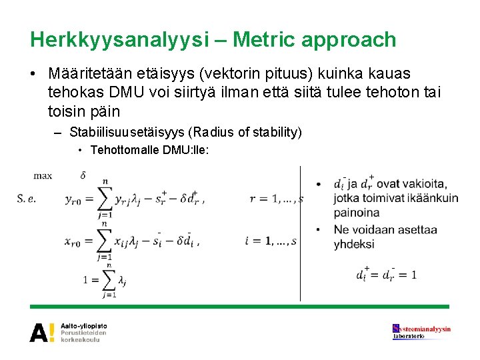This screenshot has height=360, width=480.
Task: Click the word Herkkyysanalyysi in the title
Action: [x=119, y=41]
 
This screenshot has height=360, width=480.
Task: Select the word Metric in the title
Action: [x=261, y=39]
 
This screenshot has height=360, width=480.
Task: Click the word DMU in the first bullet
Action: [x=126, y=92]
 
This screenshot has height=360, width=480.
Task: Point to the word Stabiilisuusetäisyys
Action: [x=127, y=133]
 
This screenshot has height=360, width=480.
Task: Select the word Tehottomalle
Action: [x=125, y=150]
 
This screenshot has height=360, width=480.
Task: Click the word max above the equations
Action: [x=43, y=176]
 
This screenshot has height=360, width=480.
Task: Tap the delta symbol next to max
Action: [x=83, y=175]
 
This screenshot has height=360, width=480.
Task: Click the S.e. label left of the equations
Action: [x=26, y=199]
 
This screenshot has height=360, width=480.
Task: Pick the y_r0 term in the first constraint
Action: [x=73, y=200]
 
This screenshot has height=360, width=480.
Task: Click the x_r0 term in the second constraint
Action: [x=72, y=242]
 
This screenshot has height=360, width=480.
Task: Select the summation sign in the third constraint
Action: [x=109, y=280]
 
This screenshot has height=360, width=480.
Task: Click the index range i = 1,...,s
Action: [x=271, y=241]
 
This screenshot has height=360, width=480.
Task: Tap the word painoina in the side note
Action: [x=357, y=213]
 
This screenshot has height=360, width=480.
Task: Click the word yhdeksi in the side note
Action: [x=354, y=245]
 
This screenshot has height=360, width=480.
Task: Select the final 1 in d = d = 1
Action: [x=414, y=275]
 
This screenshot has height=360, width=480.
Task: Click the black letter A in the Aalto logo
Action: [x=39, y=333]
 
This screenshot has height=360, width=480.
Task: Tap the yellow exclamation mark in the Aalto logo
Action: [x=52, y=333]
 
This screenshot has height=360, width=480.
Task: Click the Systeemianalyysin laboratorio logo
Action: [x=421, y=332]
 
